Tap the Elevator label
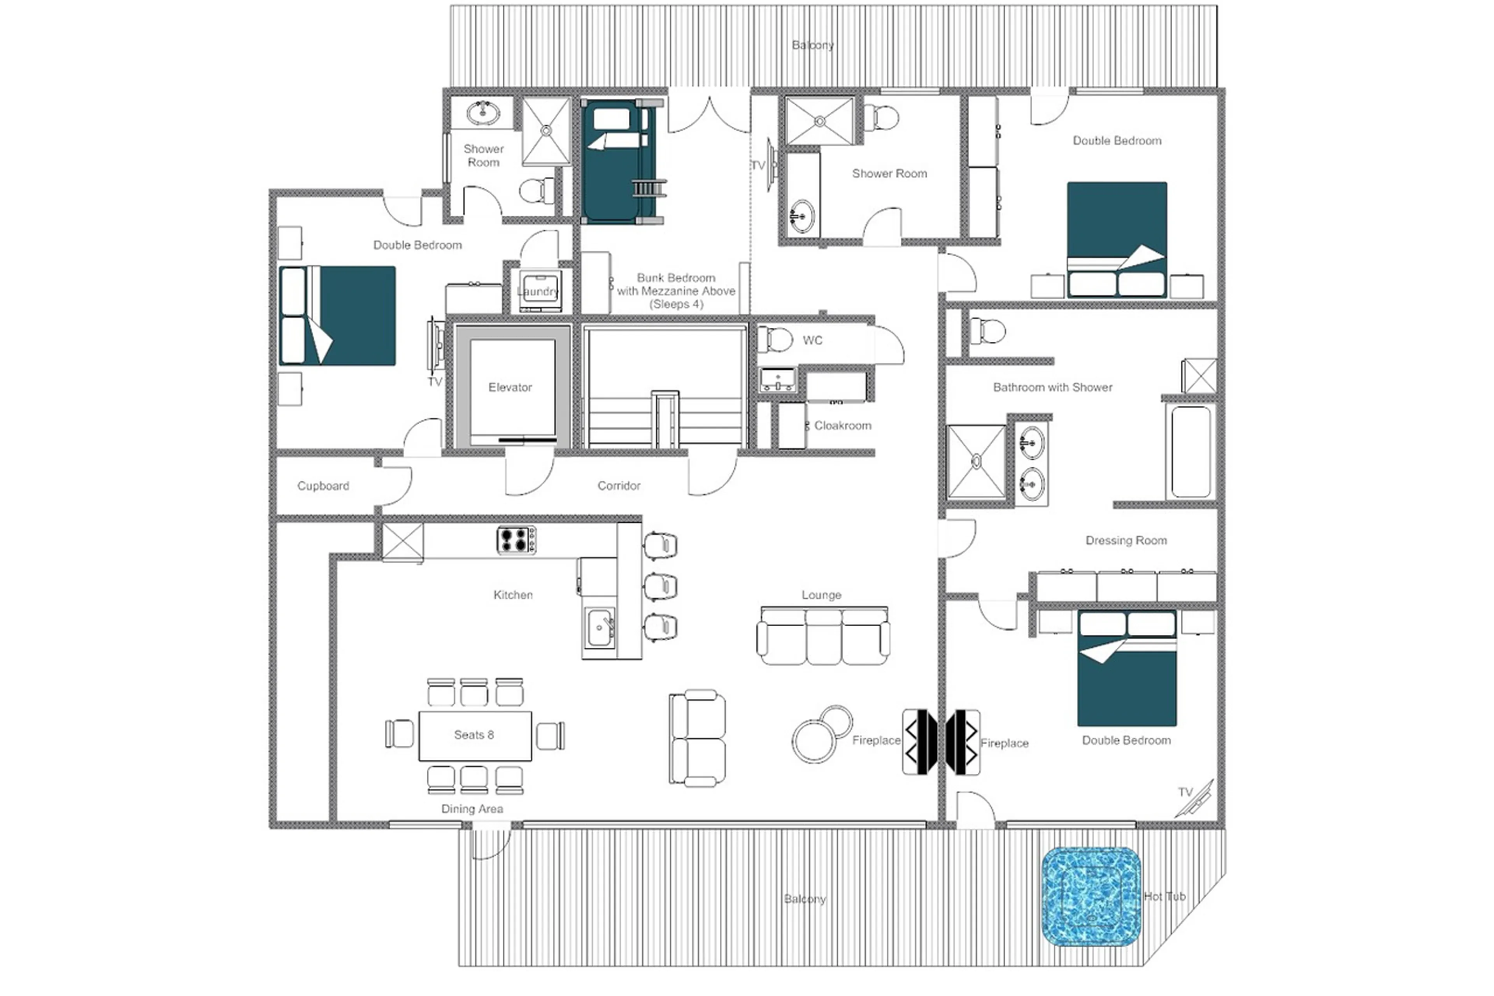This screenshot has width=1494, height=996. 510,387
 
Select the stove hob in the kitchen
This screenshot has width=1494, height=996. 516,540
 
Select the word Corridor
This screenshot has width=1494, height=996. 619,485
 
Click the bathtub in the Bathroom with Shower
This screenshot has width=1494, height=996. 1190,451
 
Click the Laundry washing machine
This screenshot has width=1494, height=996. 540,290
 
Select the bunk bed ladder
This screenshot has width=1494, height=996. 649,189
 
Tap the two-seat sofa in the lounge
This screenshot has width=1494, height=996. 697,738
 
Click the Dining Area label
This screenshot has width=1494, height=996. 472,809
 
